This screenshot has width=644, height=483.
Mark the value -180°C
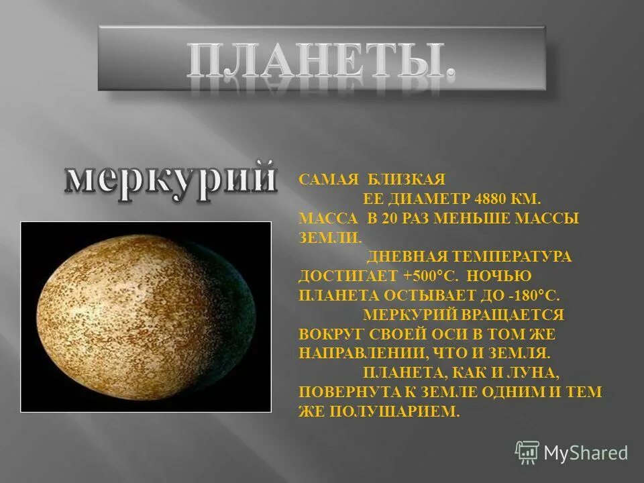[535, 295]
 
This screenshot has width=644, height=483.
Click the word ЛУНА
[535, 372]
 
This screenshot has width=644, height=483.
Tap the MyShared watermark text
[586, 453]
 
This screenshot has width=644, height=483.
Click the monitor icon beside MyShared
[527, 453]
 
